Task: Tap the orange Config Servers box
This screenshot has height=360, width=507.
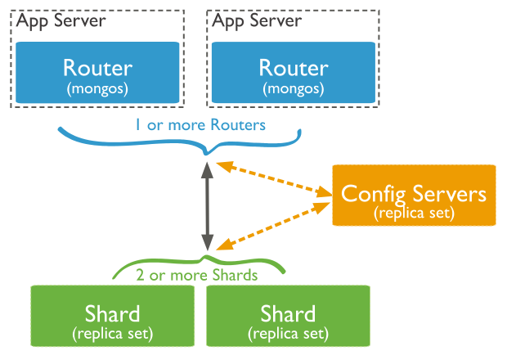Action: click(414, 195)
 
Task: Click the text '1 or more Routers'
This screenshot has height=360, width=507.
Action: click(201, 125)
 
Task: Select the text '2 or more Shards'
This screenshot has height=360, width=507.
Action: click(197, 275)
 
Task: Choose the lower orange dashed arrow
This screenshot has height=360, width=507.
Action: click(274, 223)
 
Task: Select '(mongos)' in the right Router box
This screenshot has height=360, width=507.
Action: click(294, 86)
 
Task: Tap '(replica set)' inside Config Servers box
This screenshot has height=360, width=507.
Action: click(414, 212)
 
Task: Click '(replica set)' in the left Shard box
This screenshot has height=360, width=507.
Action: click(112, 334)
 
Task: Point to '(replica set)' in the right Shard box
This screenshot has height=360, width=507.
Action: click(288, 334)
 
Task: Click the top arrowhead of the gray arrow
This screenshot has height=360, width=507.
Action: click(208, 169)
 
